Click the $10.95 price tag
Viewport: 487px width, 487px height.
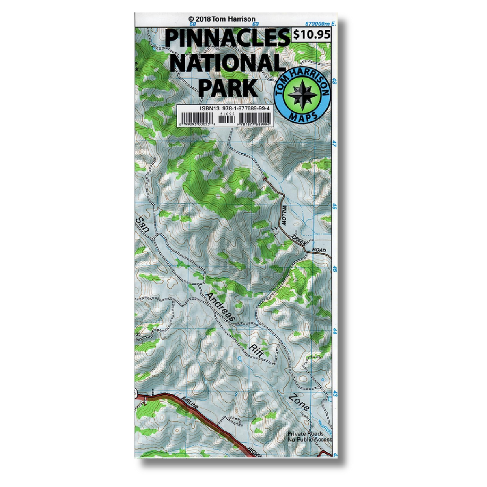click(311, 35)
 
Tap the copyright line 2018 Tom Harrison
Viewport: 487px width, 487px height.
click(222, 19)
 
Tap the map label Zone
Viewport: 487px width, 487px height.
click(300, 402)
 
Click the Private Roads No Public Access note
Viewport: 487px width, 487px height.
click(309, 437)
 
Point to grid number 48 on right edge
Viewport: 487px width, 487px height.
click(335, 81)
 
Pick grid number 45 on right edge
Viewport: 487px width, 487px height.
click(335, 269)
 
